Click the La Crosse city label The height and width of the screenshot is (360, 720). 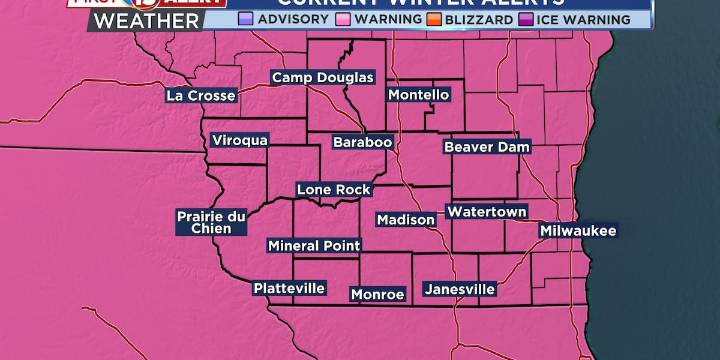coord(202,96)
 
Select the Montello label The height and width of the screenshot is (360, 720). coord(418,95)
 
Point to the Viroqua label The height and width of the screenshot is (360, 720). coord(240,141)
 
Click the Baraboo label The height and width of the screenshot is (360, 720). coord(362,142)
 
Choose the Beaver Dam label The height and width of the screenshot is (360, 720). coord(480,147)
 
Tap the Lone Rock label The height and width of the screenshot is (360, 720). coord(333,189)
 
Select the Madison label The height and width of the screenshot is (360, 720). coord(405,220)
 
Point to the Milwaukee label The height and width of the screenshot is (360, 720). coord(578,231)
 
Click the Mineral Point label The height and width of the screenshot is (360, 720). coord(314,245)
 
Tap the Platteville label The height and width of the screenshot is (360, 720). coord(289,288)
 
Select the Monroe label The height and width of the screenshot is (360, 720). coord(377,294)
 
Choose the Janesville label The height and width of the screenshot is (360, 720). coord(459,289)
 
